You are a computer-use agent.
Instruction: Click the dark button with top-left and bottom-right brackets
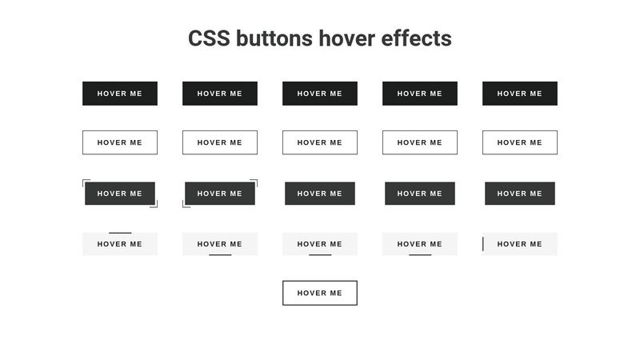pos(120,194)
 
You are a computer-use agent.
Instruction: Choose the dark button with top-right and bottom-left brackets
pos(220,194)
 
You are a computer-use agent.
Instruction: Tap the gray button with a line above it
pos(120,244)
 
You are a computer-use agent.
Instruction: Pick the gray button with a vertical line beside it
pos(520,244)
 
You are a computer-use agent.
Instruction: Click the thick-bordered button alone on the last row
pos(320,293)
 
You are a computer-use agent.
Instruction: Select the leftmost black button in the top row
pos(120,94)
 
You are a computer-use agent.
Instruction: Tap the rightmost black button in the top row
pos(520,94)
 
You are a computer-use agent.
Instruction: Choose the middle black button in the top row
pos(320,94)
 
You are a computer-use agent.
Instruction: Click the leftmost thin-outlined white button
pos(120,142)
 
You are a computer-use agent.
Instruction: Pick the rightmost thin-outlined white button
pos(520,142)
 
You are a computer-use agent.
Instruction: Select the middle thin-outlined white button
pos(320,142)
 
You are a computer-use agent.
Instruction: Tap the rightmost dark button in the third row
pos(520,194)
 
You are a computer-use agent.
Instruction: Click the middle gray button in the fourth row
pos(320,244)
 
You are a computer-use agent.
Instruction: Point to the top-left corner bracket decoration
pos(85,182)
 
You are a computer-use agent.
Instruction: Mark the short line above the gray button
pos(120,233)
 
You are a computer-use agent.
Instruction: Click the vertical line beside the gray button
pos(483,244)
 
